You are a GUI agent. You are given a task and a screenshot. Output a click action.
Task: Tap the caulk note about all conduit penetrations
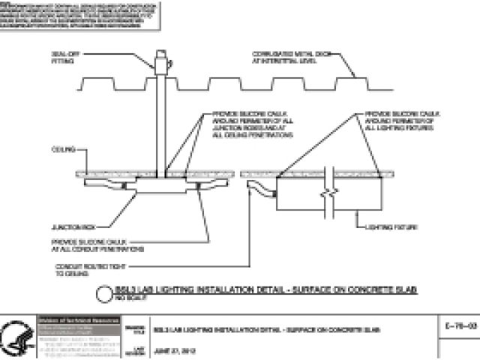[97, 244]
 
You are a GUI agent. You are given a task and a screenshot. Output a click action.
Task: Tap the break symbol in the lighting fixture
[328, 193]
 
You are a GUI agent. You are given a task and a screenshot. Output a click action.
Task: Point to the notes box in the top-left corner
[80, 16]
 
